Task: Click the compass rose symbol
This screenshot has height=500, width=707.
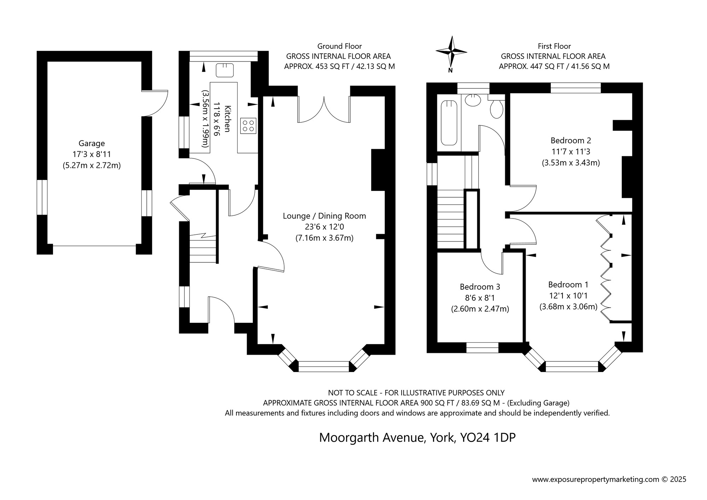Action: (451, 52)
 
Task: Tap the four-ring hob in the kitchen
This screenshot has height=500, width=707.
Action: (249, 126)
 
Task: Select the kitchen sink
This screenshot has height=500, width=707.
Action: (225, 70)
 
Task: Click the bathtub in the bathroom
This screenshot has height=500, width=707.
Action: (449, 123)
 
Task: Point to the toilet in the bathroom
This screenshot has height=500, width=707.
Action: (497, 109)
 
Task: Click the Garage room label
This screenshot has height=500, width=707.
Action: (92, 143)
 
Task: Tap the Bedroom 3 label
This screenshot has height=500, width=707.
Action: (480, 287)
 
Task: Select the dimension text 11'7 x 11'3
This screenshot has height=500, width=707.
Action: (571, 152)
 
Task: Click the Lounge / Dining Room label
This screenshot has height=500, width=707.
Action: (324, 216)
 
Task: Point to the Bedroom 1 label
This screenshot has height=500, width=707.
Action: (568, 285)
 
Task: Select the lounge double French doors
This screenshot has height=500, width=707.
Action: (324, 110)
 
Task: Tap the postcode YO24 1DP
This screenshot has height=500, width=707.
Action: (487, 438)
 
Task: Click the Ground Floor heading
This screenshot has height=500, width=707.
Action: (339, 46)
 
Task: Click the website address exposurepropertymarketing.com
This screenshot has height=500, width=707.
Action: (596, 479)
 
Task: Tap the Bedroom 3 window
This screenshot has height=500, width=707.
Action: (482, 348)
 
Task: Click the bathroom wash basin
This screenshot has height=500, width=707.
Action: (473, 101)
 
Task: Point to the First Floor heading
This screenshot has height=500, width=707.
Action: (554, 46)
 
